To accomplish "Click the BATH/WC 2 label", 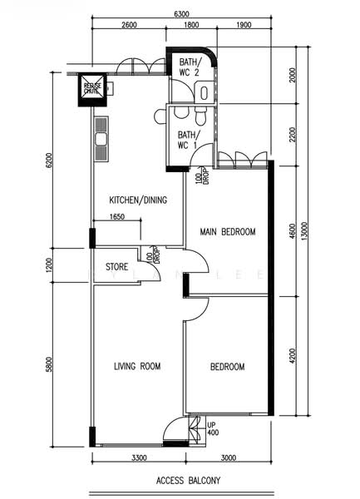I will [189, 68].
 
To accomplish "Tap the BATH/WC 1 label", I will [188, 141].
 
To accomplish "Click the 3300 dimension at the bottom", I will [138, 458].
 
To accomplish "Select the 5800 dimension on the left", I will [49, 363].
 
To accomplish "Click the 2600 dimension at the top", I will [129, 26].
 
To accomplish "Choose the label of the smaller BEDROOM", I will [227, 367].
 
